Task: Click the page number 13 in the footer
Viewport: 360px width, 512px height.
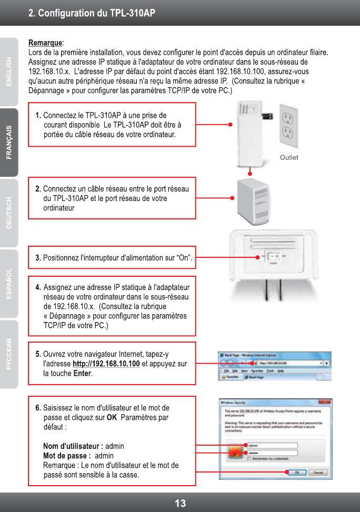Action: pyautogui.click(x=180, y=503)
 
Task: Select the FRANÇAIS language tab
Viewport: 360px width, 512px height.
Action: pyautogui.click(x=9, y=142)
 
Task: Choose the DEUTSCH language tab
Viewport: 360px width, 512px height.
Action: pyautogui.click(x=9, y=213)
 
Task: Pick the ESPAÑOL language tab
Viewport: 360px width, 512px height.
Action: pyautogui.click(x=9, y=284)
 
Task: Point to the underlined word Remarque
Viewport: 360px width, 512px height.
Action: pyautogui.click(x=45, y=42)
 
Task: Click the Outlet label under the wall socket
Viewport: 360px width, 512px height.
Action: pyautogui.click(x=289, y=157)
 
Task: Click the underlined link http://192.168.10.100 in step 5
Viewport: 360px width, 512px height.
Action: pyautogui.click(x=106, y=364)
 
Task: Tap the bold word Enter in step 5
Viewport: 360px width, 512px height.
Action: pyautogui.click(x=83, y=374)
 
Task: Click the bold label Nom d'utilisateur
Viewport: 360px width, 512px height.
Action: pyautogui.click(x=73, y=446)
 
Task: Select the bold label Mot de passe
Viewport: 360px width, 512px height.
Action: pyautogui.click(x=67, y=456)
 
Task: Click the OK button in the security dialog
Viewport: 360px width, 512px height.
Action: pyautogui.click(x=297, y=473)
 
